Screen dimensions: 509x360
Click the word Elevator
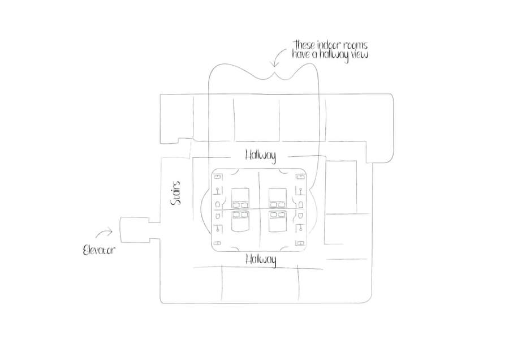pyautogui.click(x=99, y=250)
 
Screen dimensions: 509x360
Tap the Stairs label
pyautogui.click(x=176, y=193)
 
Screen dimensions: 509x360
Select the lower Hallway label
pyautogui.click(x=261, y=260)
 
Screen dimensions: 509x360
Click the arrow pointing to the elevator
pyautogui.click(x=103, y=233)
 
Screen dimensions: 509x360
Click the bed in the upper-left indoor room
pyautogui.click(x=240, y=198)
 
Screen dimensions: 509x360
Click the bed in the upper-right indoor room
pyautogui.click(x=278, y=198)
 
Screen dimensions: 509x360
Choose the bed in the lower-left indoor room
pyautogui.click(x=240, y=221)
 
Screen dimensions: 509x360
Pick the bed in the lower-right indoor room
pyautogui.click(x=278, y=221)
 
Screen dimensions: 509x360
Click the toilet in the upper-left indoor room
pyautogui.click(x=218, y=204)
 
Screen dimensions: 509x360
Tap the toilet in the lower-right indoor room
pyautogui.click(x=301, y=216)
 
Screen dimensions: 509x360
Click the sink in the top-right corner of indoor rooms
pyautogui.click(x=301, y=177)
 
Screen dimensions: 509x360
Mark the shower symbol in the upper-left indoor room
pyautogui.click(x=218, y=191)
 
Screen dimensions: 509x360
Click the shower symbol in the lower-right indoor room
pyautogui.click(x=301, y=229)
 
